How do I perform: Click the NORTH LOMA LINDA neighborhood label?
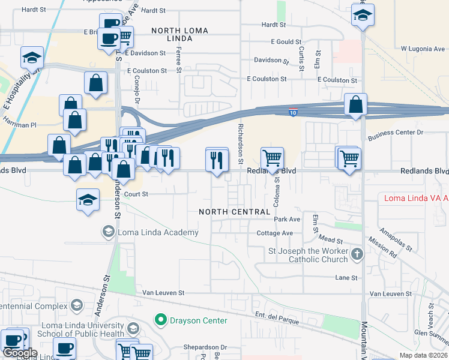click(172, 34)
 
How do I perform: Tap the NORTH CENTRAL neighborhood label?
click(235, 212)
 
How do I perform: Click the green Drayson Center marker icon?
click(160, 320)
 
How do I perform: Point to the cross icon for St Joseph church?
click(357, 254)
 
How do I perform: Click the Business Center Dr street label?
click(396, 132)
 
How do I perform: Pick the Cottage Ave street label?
click(274, 233)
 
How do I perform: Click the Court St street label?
click(136, 194)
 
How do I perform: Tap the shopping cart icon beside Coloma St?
click(273, 158)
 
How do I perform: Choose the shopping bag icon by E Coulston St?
click(96, 84)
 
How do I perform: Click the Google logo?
click(19, 353)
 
